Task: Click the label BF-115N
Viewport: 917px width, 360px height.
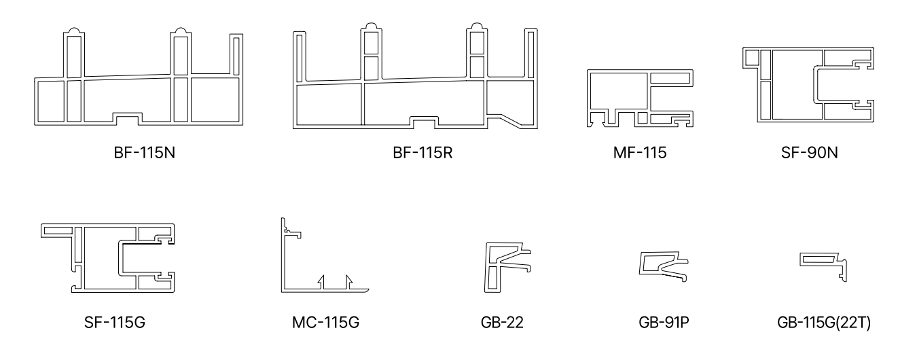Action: [x=139, y=153]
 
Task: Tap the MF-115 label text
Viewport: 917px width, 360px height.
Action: [x=639, y=153]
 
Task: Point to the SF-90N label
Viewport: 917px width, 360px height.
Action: [x=809, y=153]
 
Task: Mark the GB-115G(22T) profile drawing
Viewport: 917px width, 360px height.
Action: [x=825, y=264]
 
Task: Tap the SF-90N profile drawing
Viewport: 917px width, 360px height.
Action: [x=808, y=84]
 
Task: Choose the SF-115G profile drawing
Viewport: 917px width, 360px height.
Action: [x=109, y=259]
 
